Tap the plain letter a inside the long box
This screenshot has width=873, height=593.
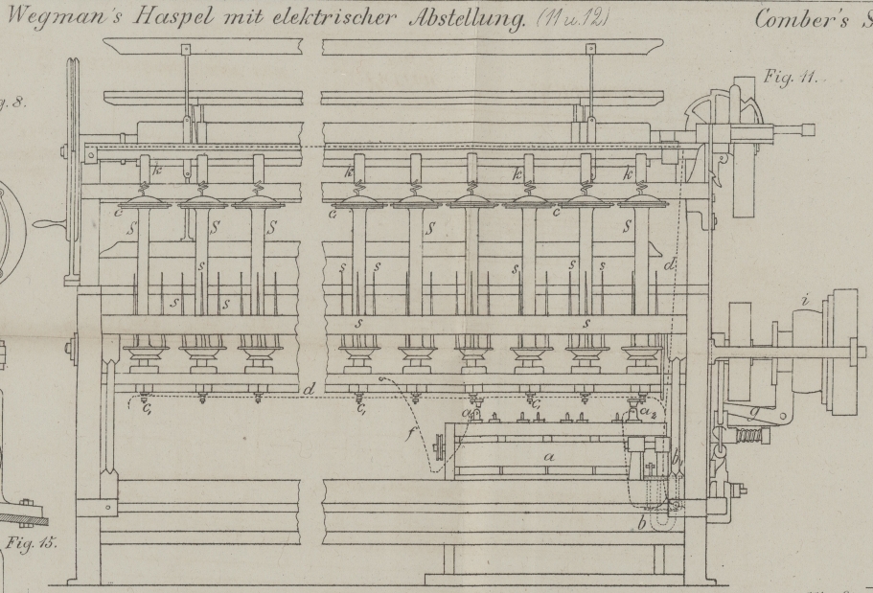549,458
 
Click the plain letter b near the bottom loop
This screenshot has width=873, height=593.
641,522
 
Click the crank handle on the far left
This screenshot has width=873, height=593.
43,222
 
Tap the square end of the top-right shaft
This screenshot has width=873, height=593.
810,128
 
